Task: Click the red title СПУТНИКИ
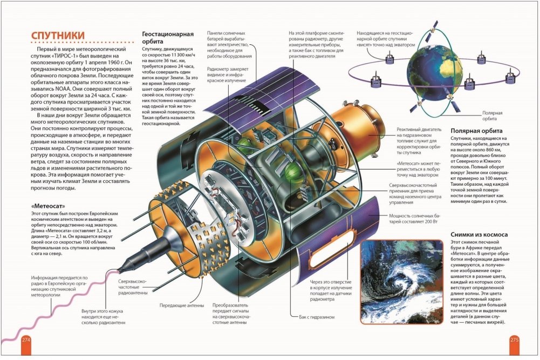pos(58,36)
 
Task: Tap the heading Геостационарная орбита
pos(168,38)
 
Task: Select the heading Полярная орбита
pos(476,131)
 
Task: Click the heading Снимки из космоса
pos(479,234)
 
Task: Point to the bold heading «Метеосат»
pos(48,206)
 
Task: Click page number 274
pos(26,339)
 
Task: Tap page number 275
pos(514,339)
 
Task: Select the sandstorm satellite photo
pos(401,281)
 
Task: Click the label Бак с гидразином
pos(317,317)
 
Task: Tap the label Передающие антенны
pos(181,305)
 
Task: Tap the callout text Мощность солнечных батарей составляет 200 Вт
pos(413,219)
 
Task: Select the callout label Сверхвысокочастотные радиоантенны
pos(133,287)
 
